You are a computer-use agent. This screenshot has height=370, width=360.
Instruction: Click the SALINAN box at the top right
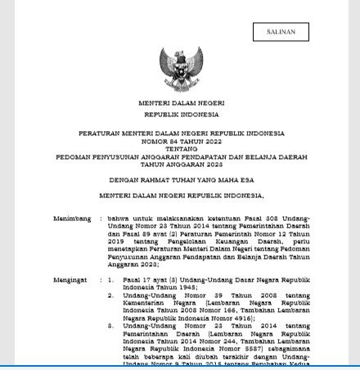point(281,32)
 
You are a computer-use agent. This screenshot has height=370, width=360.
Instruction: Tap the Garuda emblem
point(181,69)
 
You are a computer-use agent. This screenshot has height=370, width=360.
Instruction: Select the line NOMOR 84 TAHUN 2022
point(181,141)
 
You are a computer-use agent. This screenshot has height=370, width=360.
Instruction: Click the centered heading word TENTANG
point(181,149)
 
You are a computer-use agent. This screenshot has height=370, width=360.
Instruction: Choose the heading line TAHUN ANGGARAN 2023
point(181,164)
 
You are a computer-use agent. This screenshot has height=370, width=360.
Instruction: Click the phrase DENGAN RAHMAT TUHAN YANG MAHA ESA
point(181,179)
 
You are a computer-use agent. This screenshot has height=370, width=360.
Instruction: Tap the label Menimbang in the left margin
point(72,219)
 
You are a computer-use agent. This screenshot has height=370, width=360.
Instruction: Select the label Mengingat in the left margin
point(71,280)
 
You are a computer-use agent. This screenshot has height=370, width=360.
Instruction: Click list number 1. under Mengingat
point(111,280)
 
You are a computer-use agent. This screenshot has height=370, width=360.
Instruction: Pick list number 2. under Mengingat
point(111,296)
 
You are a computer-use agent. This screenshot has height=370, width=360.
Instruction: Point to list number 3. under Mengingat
point(111,326)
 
